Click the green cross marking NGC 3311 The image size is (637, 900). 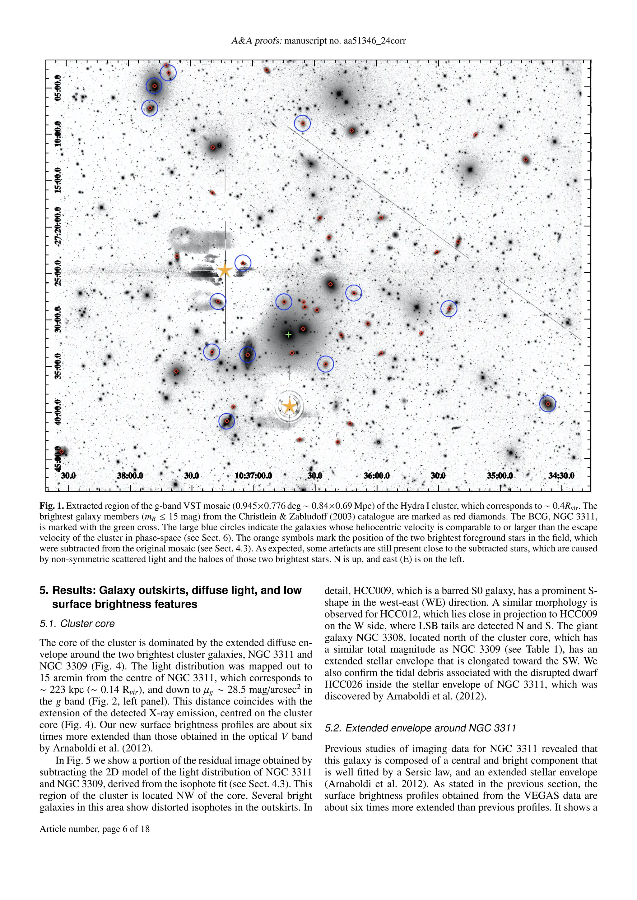click(x=289, y=334)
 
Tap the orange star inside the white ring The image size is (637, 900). click(x=290, y=406)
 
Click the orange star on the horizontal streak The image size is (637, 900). click(x=224, y=270)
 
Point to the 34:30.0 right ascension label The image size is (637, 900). click(x=561, y=476)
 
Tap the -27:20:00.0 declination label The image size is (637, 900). click(x=58, y=227)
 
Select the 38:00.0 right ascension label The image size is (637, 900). click(x=130, y=476)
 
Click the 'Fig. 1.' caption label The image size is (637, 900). click(x=51, y=506)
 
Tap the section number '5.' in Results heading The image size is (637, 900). click(x=44, y=591)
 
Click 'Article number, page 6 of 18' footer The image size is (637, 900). click(x=95, y=829)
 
